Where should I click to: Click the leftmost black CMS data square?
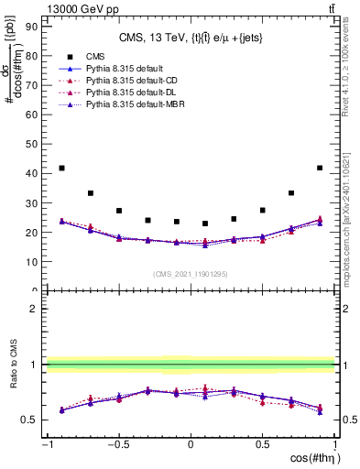(61, 169)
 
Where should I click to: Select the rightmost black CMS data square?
(320, 169)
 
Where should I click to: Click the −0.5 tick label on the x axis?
(117, 445)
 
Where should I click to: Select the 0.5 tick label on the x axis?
(262, 445)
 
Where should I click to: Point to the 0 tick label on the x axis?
(191, 445)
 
